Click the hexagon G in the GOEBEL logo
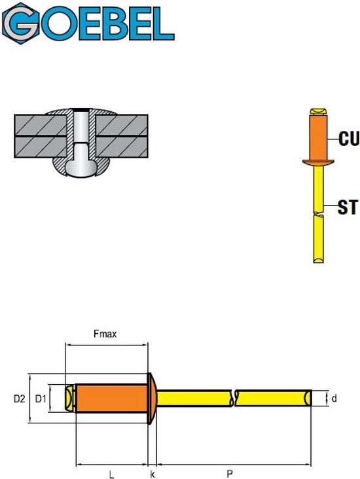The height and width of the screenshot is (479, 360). [21, 23]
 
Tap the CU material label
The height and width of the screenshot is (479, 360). [349, 138]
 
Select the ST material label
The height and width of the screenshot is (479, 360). [348, 207]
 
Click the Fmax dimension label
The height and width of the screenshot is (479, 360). [105, 334]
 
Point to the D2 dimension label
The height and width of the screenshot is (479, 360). [19, 399]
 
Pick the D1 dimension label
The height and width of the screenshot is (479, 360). [41, 399]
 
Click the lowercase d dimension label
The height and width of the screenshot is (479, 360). [334, 398]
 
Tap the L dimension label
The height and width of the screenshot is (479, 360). [112, 474]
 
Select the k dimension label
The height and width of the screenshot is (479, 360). [153, 474]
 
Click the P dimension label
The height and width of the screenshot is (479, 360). [230, 474]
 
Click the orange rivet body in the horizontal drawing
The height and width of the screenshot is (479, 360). [112, 399]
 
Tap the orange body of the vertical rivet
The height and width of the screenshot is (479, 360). [319, 137]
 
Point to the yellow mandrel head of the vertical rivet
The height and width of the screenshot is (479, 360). [319, 111]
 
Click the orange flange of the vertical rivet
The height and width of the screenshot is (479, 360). [318, 162]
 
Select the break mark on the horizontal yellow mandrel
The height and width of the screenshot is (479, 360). [234, 399]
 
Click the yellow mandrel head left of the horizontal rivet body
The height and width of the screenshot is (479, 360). [71, 399]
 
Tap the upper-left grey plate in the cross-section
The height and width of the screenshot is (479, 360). [41, 125]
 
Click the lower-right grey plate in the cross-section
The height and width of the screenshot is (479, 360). [122, 147]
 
